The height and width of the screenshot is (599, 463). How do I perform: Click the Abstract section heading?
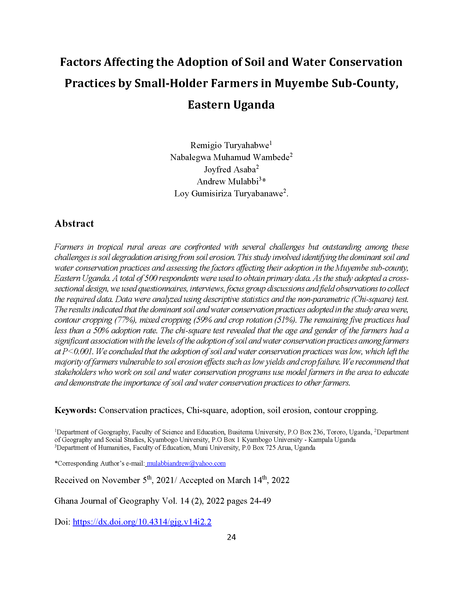coord(74,224)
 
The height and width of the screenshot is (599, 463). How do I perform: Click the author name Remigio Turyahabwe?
coord(230,145)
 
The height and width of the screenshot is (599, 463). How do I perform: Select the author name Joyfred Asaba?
coord(230,170)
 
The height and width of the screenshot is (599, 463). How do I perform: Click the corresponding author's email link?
coord(186,463)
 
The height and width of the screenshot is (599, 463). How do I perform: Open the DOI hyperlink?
coord(142,522)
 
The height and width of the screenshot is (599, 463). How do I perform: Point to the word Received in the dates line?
coord(70,480)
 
